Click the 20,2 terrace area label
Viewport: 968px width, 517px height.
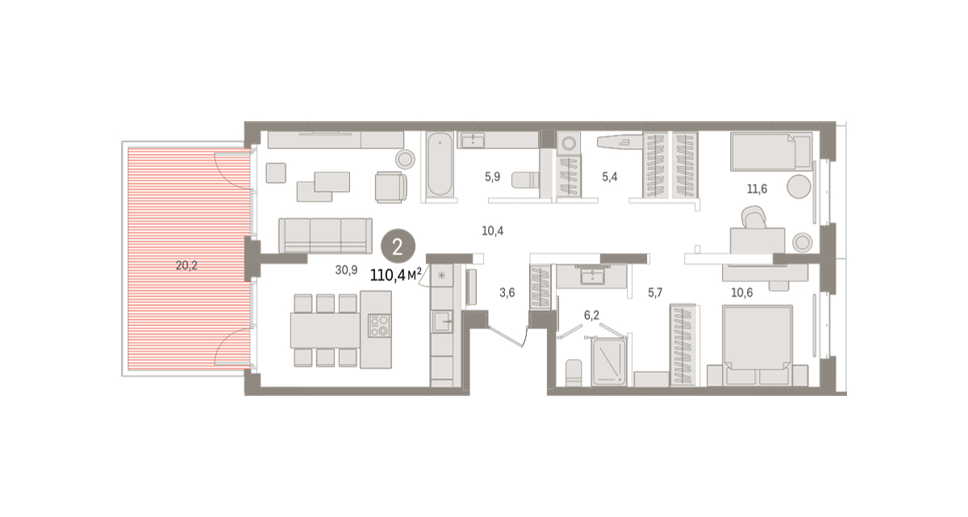[186, 265]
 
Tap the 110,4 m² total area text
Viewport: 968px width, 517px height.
[395, 275]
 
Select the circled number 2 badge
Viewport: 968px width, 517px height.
[398, 246]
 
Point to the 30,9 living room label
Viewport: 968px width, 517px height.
[346, 270]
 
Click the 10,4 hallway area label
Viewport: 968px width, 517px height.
[493, 231]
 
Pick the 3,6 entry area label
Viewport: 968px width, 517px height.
[507, 293]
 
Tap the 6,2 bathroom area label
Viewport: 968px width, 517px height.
[591, 315]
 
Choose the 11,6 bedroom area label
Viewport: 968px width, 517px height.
[757, 189]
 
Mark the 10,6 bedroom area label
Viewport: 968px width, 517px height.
[742, 293]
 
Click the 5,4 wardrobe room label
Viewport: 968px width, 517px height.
[610, 177]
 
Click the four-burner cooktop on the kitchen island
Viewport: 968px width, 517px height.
[379, 325]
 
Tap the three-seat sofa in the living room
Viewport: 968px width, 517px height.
[325, 236]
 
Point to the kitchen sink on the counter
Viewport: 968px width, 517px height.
[442, 321]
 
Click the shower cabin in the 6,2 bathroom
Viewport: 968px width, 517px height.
[609, 361]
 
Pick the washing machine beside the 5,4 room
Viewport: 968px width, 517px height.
[569, 144]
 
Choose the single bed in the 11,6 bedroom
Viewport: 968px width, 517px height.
[771, 152]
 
